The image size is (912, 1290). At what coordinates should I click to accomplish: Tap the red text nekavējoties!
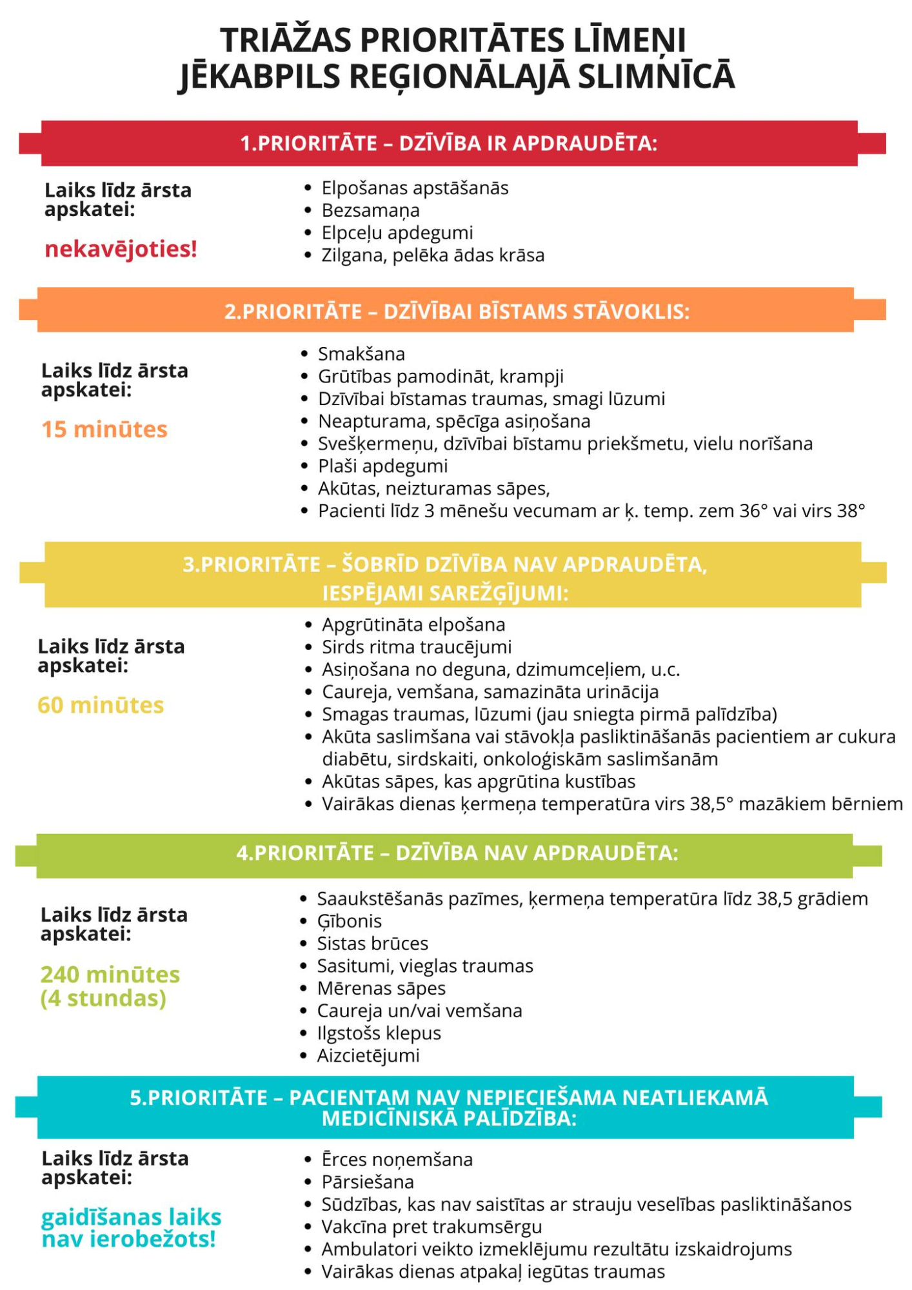coord(121,249)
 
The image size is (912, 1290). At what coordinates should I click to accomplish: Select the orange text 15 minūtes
coord(104,430)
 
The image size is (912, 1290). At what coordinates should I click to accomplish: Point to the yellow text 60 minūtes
coord(101,705)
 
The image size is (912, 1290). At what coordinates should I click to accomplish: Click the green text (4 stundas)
coord(103,998)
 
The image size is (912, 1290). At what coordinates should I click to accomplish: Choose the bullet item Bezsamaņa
coord(370,210)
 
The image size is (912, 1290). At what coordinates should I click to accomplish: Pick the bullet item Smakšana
coord(361,354)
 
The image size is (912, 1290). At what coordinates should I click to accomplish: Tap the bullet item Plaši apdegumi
coord(382,466)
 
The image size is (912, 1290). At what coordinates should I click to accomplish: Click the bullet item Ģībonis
coord(349,921)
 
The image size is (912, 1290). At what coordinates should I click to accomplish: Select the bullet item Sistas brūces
coord(372,944)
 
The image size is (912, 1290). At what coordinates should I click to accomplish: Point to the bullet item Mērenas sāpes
coord(381,988)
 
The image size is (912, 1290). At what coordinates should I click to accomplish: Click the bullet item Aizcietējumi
coord(368,1055)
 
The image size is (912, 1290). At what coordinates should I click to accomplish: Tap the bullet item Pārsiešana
coord(368,1182)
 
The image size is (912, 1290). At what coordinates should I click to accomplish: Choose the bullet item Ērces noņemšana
coord(397,1159)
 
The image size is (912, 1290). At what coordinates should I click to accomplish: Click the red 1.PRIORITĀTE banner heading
coord(449,143)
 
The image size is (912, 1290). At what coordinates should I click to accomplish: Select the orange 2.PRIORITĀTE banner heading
coord(457,312)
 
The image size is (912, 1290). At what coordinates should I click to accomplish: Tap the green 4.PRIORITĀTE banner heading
coord(457,853)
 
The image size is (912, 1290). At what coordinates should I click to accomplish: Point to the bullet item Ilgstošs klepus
coord(379,1033)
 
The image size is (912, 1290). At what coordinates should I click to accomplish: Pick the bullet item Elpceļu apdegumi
coord(397,233)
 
